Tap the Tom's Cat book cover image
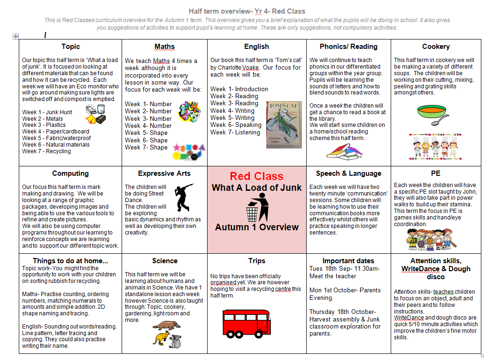(x=284, y=125)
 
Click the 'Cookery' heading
(x=436, y=47)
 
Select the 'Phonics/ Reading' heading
(x=348, y=47)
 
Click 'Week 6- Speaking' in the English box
(x=236, y=125)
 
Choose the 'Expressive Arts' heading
(x=164, y=173)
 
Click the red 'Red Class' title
(x=256, y=176)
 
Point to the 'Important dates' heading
(x=348, y=261)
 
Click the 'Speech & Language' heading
(x=348, y=173)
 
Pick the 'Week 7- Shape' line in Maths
(x=146, y=147)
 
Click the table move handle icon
(x=15, y=36)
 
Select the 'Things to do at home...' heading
(x=70, y=261)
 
